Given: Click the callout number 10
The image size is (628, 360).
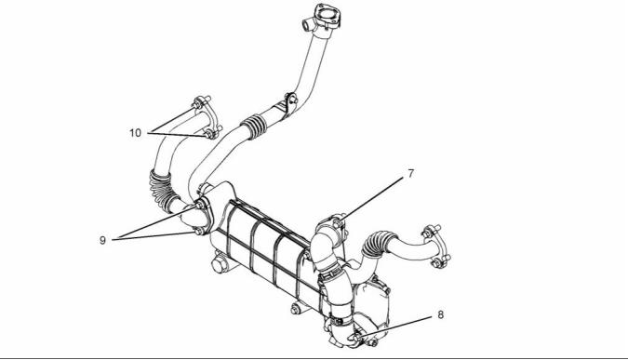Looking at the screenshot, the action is pyautogui.click(x=136, y=132).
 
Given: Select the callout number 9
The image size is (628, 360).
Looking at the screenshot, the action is pyautogui.click(x=103, y=240).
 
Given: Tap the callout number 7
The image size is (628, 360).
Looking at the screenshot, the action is pyautogui.click(x=411, y=174).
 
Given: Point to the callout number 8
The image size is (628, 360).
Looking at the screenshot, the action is pyautogui.click(x=441, y=314).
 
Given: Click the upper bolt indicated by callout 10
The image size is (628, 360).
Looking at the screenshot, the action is pyautogui.click(x=196, y=105).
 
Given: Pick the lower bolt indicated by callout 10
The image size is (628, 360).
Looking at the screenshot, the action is pyautogui.click(x=209, y=135).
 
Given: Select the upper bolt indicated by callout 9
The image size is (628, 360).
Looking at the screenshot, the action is pyautogui.click(x=199, y=207).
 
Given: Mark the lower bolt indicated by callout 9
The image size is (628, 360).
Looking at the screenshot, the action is pyautogui.click(x=198, y=232).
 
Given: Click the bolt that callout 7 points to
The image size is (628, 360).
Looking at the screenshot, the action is pyautogui.click(x=338, y=222).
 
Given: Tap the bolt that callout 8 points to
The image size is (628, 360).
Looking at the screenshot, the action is pyautogui.click(x=355, y=339).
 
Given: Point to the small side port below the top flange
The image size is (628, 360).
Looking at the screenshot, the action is pyautogui.click(x=308, y=26).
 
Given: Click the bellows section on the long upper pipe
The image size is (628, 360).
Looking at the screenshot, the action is pyautogui.click(x=254, y=126).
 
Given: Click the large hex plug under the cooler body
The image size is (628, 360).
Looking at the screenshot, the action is pyautogui.click(x=219, y=265).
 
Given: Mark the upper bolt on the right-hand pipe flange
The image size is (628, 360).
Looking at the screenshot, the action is pyautogui.click(x=428, y=233).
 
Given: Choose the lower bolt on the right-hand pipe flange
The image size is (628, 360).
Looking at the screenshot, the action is pyautogui.click(x=436, y=262).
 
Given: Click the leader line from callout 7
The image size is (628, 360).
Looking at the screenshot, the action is pyautogui.click(x=371, y=198).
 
